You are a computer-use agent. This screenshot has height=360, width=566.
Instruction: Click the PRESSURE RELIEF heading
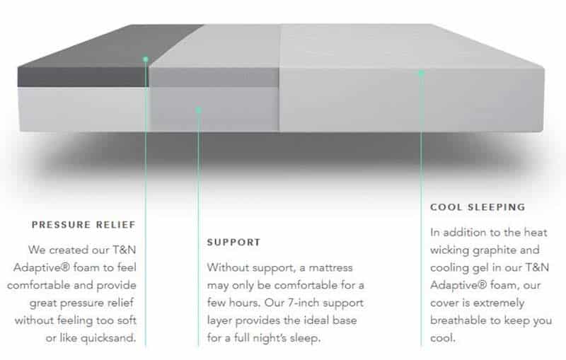[83, 225]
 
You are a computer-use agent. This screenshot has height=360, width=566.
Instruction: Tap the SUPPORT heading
[233, 243]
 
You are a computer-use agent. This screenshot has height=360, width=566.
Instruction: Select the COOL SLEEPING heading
[478, 207]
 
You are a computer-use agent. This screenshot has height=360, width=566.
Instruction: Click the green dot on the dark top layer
[146, 59]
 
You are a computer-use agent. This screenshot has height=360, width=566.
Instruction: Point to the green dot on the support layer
[198, 110]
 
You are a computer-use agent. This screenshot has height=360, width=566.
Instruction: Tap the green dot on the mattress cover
[421, 74]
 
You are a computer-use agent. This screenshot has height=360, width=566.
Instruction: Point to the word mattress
[330, 268]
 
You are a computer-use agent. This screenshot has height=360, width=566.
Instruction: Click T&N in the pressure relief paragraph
[125, 250]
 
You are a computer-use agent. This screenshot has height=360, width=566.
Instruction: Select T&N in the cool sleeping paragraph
[537, 267]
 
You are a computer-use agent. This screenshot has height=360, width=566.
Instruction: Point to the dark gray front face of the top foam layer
[83, 77]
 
